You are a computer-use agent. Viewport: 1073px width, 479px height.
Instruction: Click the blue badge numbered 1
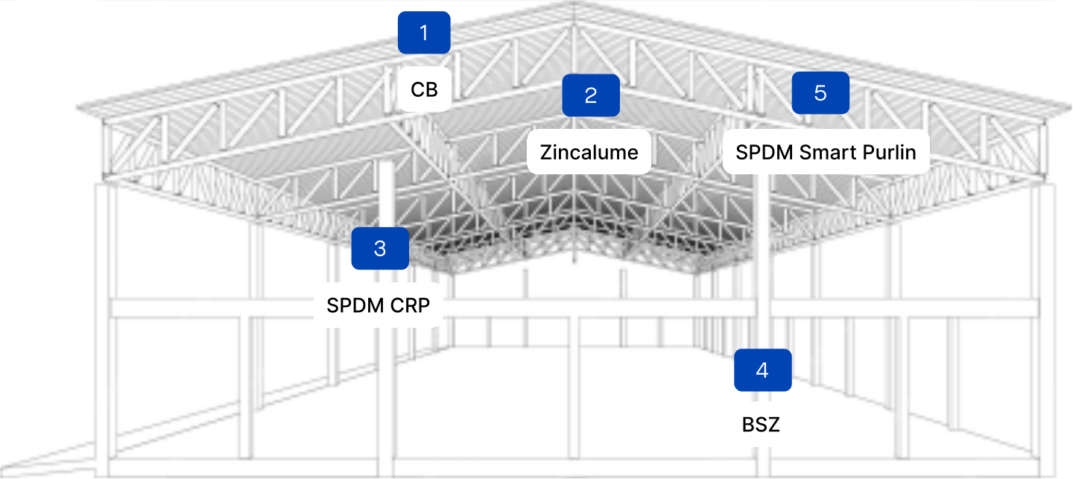(424, 33)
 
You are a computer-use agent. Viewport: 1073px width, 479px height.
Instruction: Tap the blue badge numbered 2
(591, 95)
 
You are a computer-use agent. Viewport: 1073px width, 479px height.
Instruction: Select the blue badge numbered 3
(380, 248)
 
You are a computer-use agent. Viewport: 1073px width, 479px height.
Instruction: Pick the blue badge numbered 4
(762, 370)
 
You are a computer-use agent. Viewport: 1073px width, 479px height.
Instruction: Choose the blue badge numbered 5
(820, 93)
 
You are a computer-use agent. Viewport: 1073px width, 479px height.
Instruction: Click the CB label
(424, 90)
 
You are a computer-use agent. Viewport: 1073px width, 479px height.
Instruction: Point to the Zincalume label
(589, 153)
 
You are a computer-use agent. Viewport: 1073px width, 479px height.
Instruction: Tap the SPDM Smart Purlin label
(826, 153)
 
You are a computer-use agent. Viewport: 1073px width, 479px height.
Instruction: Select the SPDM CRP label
(379, 305)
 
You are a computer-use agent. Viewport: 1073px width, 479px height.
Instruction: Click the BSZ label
(761, 425)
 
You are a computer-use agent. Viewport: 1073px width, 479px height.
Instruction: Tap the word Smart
(828, 153)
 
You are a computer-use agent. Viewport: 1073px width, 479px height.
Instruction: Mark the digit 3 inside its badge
(380, 248)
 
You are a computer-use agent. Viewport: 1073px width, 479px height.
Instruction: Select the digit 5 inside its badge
(820, 93)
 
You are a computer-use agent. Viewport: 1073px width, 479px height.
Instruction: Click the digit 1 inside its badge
(424, 33)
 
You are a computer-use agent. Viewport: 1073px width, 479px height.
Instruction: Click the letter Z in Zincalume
(546, 153)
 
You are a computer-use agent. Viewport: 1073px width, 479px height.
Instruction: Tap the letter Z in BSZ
(773, 425)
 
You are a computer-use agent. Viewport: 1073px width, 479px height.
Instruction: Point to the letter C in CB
(417, 90)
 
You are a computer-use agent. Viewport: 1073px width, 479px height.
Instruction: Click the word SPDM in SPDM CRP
(355, 305)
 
